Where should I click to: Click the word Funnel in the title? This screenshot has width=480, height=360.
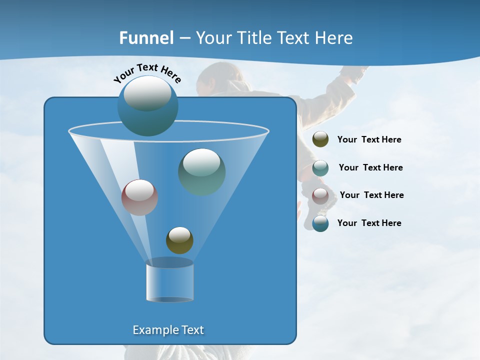tap(146, 38)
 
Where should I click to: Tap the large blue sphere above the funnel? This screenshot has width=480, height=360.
tap(147, 105)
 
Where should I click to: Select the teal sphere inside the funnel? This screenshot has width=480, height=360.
tap(201, 171)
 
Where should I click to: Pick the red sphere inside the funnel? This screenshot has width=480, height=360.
tap(139, 197)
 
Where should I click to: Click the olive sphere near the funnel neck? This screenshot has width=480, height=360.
tap(179, 240)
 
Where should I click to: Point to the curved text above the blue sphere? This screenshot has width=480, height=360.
tap(147, 72)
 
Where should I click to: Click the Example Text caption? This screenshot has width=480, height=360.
tap(168, 330)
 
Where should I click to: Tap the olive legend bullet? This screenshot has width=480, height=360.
tap(320, 139)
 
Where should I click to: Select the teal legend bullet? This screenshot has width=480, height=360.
tap(320, 167)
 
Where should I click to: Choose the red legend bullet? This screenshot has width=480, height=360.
tap(320, 195)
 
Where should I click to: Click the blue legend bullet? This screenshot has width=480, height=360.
tap(320, 223)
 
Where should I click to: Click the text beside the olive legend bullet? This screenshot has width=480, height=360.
tap(369, 140)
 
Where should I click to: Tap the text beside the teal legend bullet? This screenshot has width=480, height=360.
tap(370, 168)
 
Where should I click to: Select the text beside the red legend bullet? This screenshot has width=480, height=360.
tap(371, 195)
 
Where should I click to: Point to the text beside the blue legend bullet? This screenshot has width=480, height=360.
tap(369, 223)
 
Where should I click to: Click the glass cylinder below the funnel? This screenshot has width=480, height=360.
tap(169, 282)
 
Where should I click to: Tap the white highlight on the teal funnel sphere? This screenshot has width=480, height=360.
tap(201, 162)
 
